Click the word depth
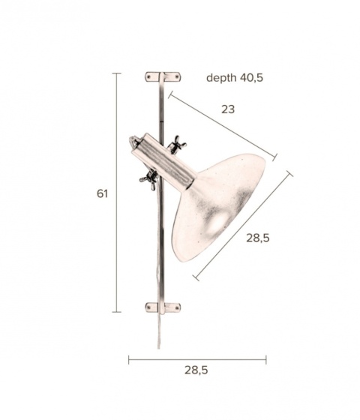[221, 78]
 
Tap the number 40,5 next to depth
[251, 77]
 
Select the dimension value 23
[228, 109]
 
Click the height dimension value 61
[102, 193]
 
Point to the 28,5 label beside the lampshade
[258, 238]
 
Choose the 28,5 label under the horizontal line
[196, 370]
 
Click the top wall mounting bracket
[163, 77]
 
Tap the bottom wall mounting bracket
[163, 307]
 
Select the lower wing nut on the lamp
[149, 179]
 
